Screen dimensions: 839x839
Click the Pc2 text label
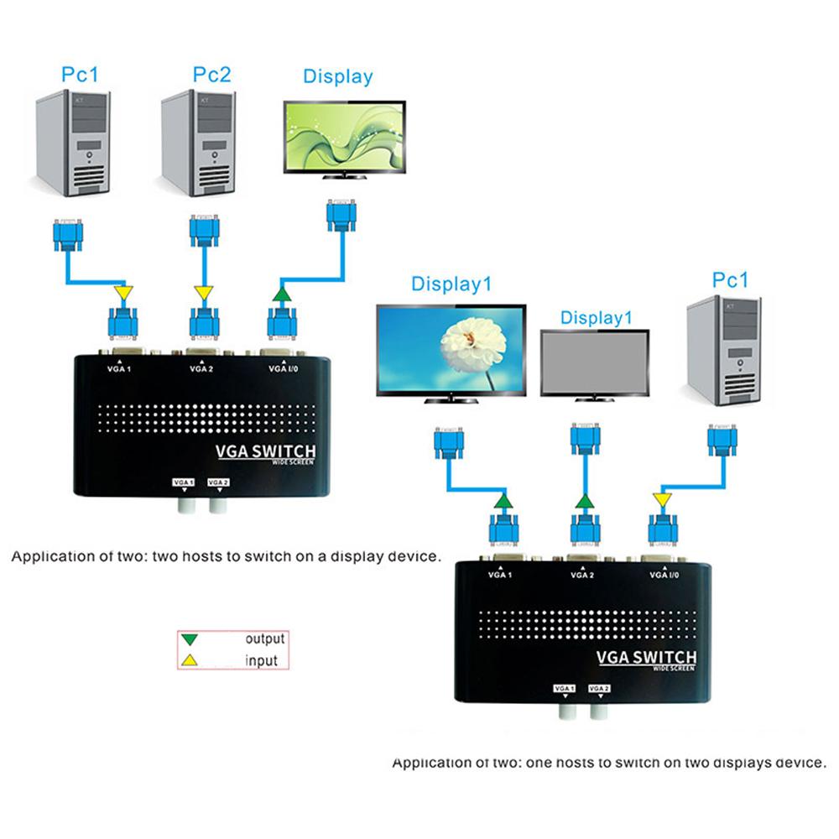[211, 74]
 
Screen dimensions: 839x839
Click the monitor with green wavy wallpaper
[344, 138]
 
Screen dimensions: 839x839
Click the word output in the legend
[264, 639]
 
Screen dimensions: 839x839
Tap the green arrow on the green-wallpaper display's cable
[281, 294]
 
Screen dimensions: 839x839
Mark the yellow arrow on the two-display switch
[661, 501]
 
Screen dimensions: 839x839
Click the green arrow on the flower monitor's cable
[502, 502]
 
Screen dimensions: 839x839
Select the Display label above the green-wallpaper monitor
[337, 76]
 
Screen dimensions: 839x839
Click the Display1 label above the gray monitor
[595, 318]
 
